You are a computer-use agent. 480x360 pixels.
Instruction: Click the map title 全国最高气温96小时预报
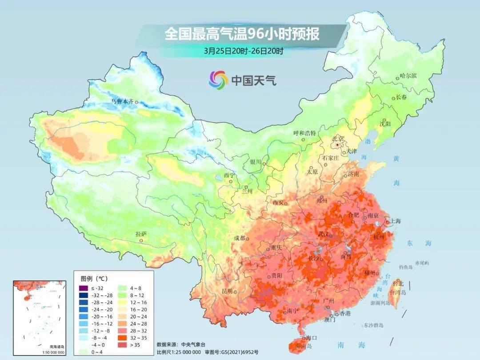242,34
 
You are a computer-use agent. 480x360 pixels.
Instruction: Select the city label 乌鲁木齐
122,101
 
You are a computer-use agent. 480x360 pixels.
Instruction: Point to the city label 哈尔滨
408,76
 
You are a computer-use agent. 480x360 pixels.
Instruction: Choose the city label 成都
239,238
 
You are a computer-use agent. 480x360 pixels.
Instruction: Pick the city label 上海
396,221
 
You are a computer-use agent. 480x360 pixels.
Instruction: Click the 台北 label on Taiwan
398,283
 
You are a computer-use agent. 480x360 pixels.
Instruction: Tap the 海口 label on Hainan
311,338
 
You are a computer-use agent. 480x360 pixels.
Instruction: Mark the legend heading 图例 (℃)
94,279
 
